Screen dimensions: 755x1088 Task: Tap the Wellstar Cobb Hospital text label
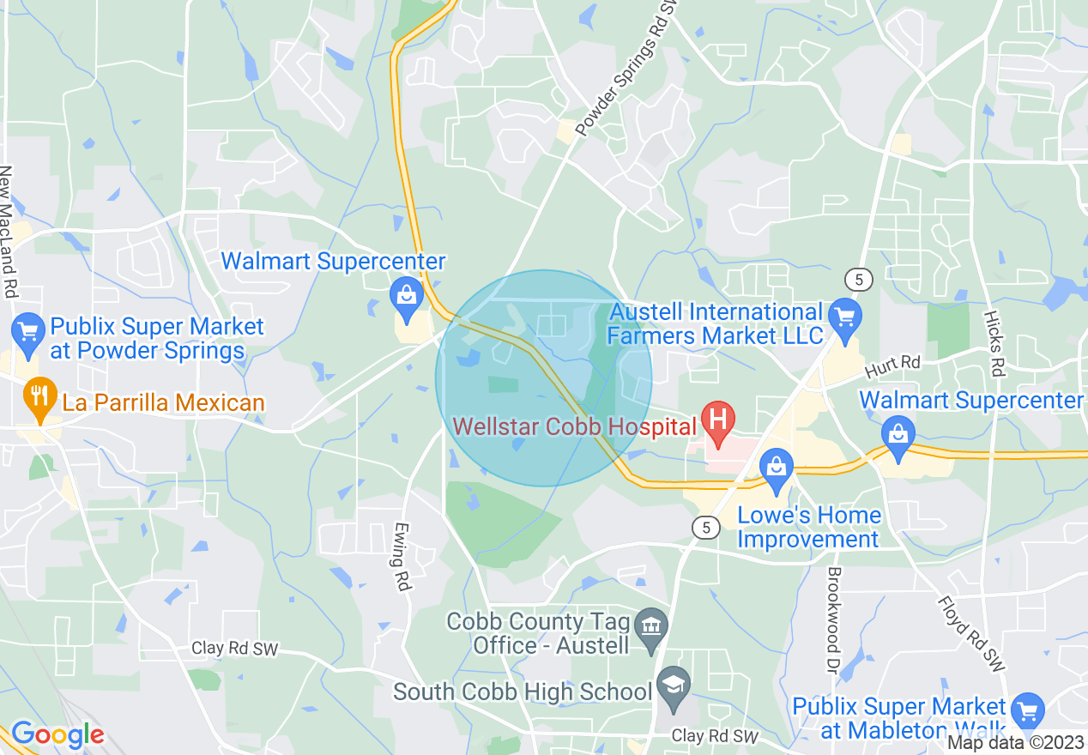click(x=573, y=426)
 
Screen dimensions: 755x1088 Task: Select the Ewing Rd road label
click(x=402, y=557)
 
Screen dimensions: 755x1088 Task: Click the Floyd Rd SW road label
click(x=970, y=635)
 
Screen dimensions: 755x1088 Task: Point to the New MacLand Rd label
click(x=8, y=232)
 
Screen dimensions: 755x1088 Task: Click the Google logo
click(x=57, y=735)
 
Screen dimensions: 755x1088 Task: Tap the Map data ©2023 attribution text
click(x=1016, y=742)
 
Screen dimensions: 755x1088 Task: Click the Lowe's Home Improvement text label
click(x=808, y=527)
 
